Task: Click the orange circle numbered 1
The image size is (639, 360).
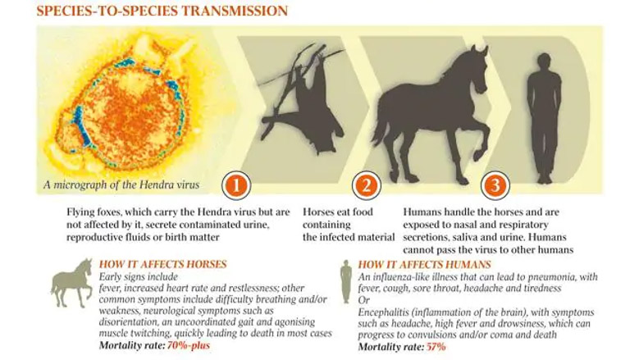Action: click(x=236, y=185)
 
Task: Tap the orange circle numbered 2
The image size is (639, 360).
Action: click(x=367, y=185)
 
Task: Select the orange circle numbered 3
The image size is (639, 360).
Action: click(x=495, y=185)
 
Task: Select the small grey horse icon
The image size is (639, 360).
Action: click(x=72, y=283)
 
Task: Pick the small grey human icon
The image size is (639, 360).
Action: click(x=346, y=281)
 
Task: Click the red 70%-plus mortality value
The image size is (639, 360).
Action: click(x=189, y=346)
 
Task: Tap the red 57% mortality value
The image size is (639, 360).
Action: click(x=436, y=347)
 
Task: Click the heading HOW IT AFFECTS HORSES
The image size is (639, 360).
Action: click(x=162, y=264)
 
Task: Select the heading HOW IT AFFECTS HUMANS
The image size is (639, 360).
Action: click(x=425, y=265)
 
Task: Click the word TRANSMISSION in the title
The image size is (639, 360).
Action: click(x=235, y=11)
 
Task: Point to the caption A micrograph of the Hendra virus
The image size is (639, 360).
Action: click(x=121, y=185)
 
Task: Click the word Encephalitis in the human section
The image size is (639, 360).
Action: click(x=383, y=312)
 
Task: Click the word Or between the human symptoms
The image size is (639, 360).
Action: click(x=363, y=300)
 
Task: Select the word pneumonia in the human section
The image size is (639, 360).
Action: click(x=550, y=278)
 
